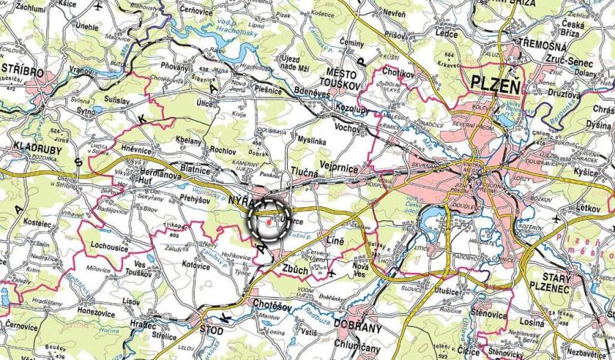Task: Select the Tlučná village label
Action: pyautogui.click(x=304, y=175)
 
